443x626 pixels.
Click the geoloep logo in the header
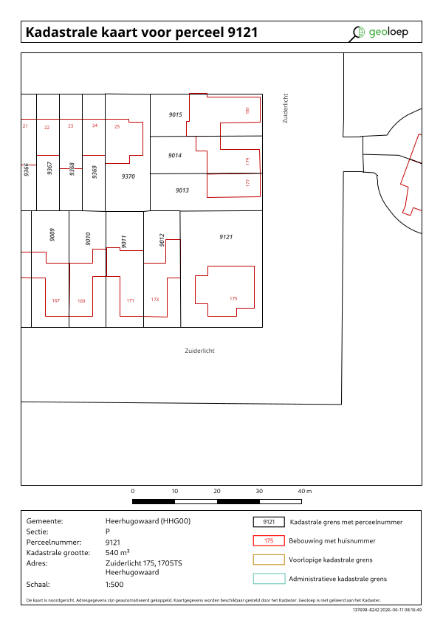[x=379, y=32]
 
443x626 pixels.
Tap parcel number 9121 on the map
[x=226, y=237]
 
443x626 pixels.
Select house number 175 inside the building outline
[x=233, y=298]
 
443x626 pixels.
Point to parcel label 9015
[x=176, y=114]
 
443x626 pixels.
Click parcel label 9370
[x=128, y=176]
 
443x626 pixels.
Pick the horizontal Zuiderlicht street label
[x=200, y=351]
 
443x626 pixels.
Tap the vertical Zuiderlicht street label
[x=285, y=109]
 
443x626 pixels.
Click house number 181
[x=247, y=110]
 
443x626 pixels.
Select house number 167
[x=56, y=300]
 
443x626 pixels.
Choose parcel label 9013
[x=182, y=190]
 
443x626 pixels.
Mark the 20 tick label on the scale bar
[x=217, y=491]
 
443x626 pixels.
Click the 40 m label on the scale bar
[x=305, y=491]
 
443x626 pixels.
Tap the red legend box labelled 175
[x=269, y=540]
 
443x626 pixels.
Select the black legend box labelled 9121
[x=269, y=522]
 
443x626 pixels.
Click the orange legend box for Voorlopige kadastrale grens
[x=269, y=560]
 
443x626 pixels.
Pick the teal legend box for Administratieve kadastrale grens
[x=269, y=579]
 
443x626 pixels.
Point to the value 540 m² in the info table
[x=117, y=552]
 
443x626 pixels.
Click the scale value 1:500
[x=114, y=585]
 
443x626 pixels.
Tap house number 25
[x=117, y=126]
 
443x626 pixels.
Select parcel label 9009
[x=52, y=235]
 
